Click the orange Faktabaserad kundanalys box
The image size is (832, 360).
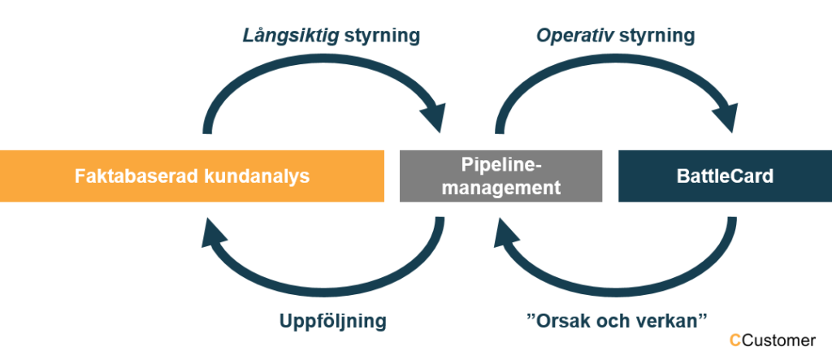click(x=192, y=176)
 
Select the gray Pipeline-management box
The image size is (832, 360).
click(x=500, y=176)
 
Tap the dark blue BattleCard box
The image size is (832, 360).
click(x=726, y=176)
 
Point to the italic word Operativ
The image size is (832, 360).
click(x=575, y=36)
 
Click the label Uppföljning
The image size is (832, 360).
click(x=332, y=321)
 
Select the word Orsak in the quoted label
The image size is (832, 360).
click(x=563, y=321)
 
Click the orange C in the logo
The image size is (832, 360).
click(x=735, y=340)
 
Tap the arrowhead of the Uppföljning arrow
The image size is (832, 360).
click(x=214, y=232)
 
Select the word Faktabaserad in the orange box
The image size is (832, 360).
click(x=136, y=176)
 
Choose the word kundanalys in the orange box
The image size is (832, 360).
click(x=258, y=176)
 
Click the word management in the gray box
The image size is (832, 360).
click(x=500, y=188)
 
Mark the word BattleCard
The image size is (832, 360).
click(x=726, y=176)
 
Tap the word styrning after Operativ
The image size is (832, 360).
click(x=656, y=36)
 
